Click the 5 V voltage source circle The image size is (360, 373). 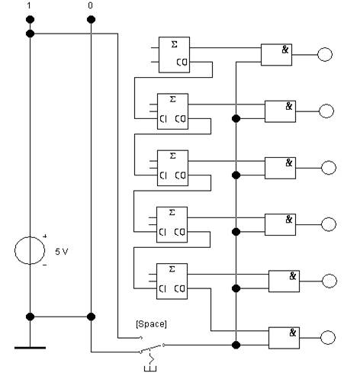pyautogui.click(x=15, y=250)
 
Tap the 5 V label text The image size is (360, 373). pyautogui.click(x=62, y=252)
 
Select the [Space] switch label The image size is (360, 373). pyautogui.click(x=151, y=324)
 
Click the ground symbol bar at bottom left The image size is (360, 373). pyautogui.click(x=30, y=348)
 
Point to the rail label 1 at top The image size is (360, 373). pyautogui.click(x=29, y=5)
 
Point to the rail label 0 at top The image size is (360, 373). pyautogui.click(x=90, y=5)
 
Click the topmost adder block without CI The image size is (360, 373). pyautogui.click(x=174, y=55)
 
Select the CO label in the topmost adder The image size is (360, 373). pyautogui.click(x=182, y=62)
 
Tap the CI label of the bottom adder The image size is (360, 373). pyautogui.click(x=162, y=288)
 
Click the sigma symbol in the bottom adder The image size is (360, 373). pyautogui.click(x=172, y=268)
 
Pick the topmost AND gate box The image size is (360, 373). pyautogui.click(x=276, y=55)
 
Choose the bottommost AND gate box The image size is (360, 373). pyautogui.click(x=284, y=338)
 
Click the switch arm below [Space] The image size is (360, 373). pyautogui.click(x=151, y=348)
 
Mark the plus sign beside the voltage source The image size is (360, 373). pyautogui.click(x=45, y=236)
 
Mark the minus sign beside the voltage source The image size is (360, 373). pyautogui.click(x=45, y=265)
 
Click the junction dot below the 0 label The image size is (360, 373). pyautogui.click(x=91, y=19)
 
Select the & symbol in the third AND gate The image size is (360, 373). pyautogui.click(x=289, y=162)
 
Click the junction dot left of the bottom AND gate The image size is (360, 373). pyautogui.click(x=236, y=345)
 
